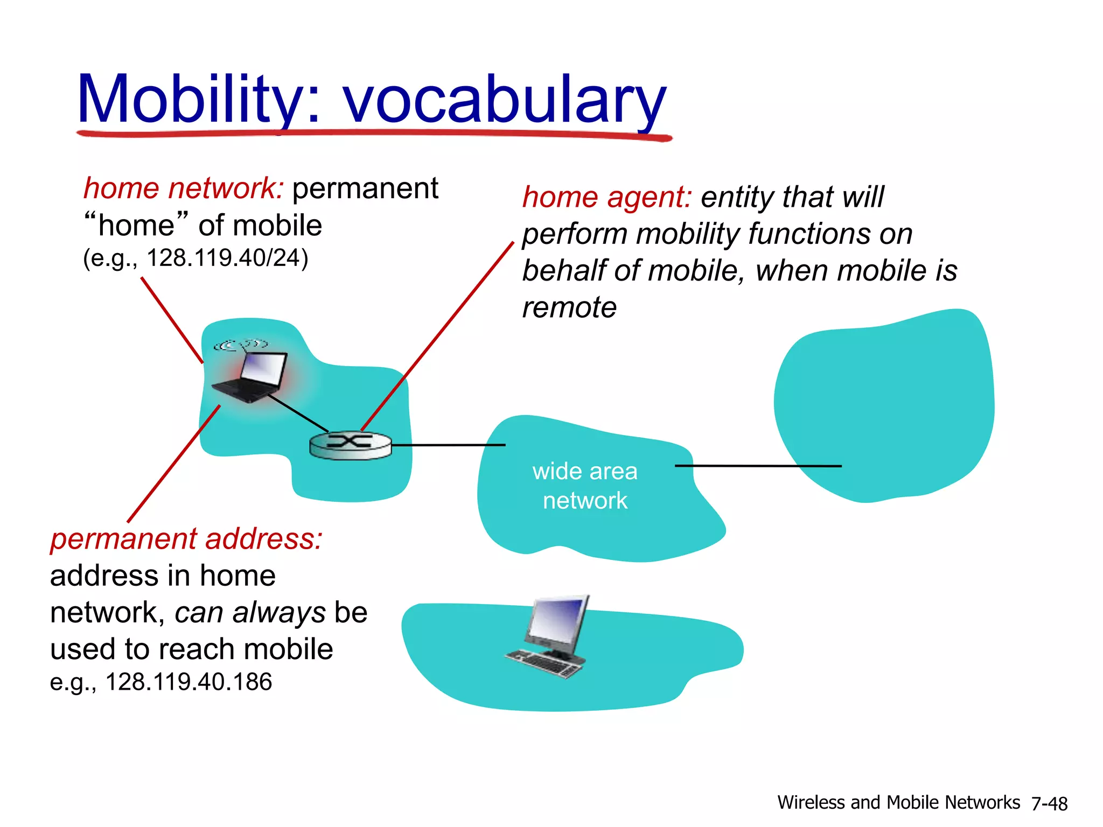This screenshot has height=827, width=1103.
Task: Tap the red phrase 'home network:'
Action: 183,189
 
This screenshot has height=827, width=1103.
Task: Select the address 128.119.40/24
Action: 227,258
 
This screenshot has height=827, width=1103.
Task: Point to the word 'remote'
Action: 569,308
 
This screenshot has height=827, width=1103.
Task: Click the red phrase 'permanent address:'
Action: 186,539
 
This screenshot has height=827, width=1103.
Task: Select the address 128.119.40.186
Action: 189,682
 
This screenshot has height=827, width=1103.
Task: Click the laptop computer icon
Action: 251,376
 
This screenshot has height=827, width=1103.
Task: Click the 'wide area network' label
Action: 585,486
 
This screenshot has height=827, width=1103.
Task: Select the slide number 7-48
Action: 1049,804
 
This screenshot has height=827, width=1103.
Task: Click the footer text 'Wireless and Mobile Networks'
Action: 898,803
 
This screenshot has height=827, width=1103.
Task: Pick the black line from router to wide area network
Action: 447,445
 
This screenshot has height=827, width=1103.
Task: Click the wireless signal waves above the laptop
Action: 241,345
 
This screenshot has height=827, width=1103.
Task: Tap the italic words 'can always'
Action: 250,613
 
